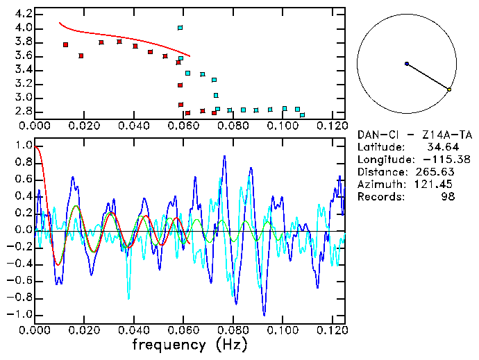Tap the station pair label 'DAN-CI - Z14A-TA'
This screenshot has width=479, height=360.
tap(414, 135)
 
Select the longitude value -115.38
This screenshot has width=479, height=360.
tap(452, 160)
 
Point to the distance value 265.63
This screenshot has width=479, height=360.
tap(455, 172)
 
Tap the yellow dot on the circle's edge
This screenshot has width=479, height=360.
tap(449, 89)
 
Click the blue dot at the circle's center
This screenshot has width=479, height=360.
tap(407, 63)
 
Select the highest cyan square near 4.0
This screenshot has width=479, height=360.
tap(180, 28)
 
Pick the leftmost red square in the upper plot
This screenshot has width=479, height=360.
tap(65, 44)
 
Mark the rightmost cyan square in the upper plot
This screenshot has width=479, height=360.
tap(302, 114)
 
